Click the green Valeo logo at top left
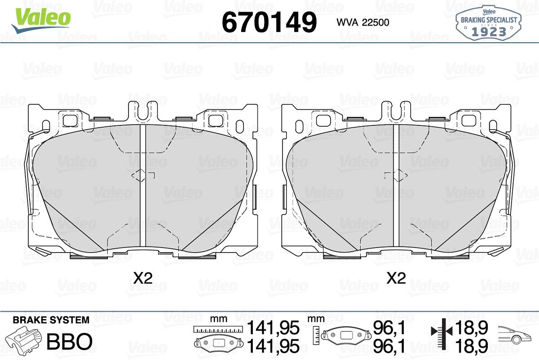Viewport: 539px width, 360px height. point(41,20)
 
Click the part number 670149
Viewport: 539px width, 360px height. point(269,22)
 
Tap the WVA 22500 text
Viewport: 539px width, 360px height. point(363,22)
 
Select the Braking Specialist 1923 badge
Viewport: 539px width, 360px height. point(489,23)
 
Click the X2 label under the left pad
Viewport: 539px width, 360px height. point(143,278)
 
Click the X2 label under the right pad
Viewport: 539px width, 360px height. point(396,278)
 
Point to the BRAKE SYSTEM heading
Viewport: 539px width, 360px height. point(51,320)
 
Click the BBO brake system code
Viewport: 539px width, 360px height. point(70,341)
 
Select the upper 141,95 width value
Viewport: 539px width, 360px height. point(274,328)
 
